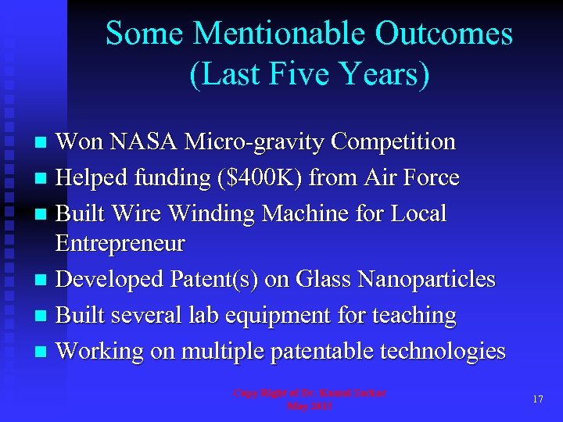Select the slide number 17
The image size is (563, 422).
pyautogui.click(x=538, y=399)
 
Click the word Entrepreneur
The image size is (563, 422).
pyautogui.click(x=120, y=244)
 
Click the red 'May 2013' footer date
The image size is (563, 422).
pyautogui.click(x=309, y=406)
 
